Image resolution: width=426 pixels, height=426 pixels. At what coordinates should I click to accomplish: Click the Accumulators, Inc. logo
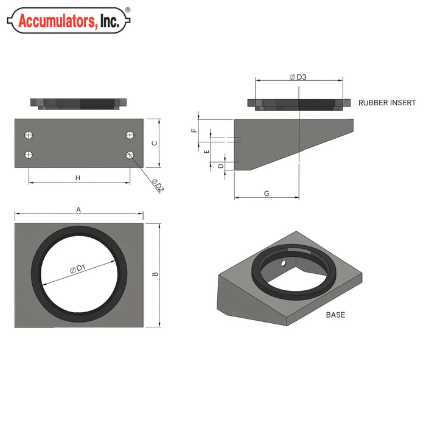[x=68, y=21]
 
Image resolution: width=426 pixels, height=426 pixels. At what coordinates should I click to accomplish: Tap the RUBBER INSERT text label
[x=387, y=103]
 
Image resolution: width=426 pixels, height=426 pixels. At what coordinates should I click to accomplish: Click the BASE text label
[x=335, y=315]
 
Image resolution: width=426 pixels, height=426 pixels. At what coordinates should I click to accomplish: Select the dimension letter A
[x=79, y=209]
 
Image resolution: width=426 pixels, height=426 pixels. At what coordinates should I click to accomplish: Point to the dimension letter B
[x=156, y=274]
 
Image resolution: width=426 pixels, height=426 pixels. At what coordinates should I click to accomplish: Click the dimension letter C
[x=155, y=143]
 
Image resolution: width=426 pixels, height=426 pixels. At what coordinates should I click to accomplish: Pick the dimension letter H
[x=78, y=178]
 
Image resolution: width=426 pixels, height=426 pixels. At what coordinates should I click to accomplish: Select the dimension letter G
[x=267, y=193]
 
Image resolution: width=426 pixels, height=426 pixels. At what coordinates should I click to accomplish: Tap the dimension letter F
[x=194, y=130]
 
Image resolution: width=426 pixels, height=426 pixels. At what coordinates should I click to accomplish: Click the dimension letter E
[x=206, y=150]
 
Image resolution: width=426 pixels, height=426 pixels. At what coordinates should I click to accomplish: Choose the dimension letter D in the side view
[x=221, y=166]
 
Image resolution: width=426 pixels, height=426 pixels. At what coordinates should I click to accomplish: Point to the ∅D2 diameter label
[x=157, y=186]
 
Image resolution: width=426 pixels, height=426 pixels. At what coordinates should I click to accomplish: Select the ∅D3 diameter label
[x=298, y=77]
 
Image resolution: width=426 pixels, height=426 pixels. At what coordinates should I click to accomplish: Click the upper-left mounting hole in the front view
[x=28, y=134]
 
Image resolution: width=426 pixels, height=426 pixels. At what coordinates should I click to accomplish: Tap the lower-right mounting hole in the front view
[x=130, y=155]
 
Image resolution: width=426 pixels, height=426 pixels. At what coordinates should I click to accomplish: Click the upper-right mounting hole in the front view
[x=130, y=134]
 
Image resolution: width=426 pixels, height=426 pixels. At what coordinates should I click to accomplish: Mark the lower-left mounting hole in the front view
[x=28, y=155]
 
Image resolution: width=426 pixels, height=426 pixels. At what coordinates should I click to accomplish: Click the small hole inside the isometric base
[x=283, y=264]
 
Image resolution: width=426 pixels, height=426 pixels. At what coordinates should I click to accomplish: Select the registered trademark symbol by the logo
[x=127, y=10]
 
